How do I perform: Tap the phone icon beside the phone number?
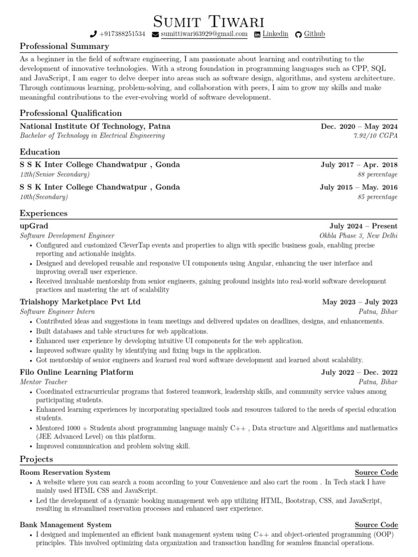point(94,34)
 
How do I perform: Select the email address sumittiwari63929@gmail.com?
point(204,34)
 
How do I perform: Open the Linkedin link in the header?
point(275,34)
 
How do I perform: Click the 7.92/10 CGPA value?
point(376,135)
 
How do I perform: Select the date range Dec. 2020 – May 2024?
point(359,126)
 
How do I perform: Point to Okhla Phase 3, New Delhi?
point(359,236)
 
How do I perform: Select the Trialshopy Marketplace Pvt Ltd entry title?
point(80,302)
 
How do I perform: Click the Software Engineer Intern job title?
point(57,312)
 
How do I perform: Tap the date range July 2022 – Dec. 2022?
point(359,373)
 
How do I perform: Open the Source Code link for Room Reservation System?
point(376,473)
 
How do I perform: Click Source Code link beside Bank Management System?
point(376,525)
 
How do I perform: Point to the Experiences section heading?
point(44,213)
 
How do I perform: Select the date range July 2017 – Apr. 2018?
point(359,165)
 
